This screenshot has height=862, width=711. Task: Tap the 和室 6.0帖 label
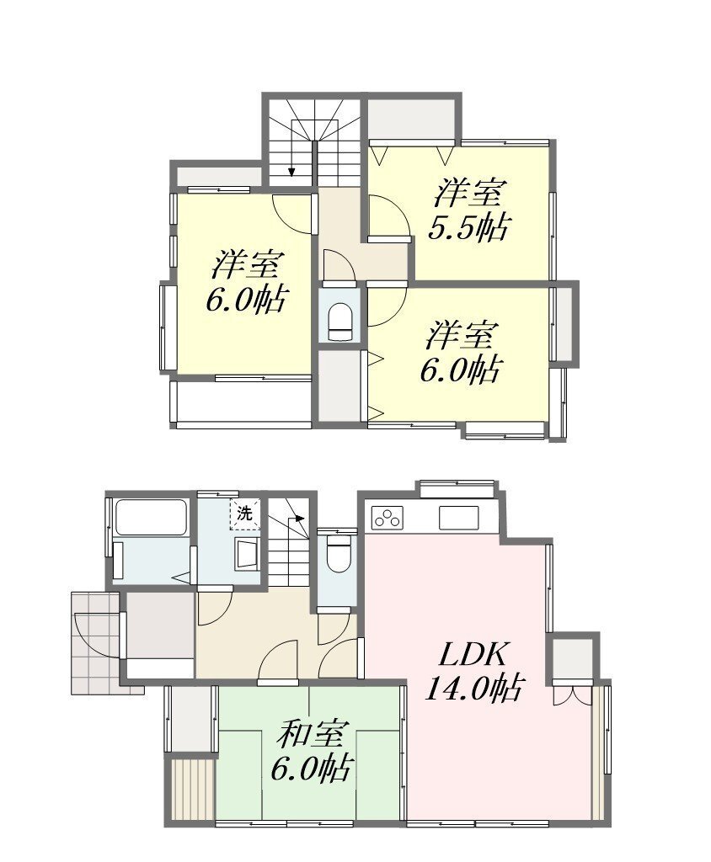[312, 752]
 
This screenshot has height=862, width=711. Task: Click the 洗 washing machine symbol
[245, 514]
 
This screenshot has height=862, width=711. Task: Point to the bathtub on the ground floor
[150, 517]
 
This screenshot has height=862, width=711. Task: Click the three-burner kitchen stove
[387, 518]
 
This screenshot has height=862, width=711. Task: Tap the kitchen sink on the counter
[458, 518]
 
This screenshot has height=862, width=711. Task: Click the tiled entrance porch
[94, 642]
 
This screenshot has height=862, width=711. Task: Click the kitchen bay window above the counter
[456, 489]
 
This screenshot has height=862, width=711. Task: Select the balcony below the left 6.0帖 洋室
[242, 402]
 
